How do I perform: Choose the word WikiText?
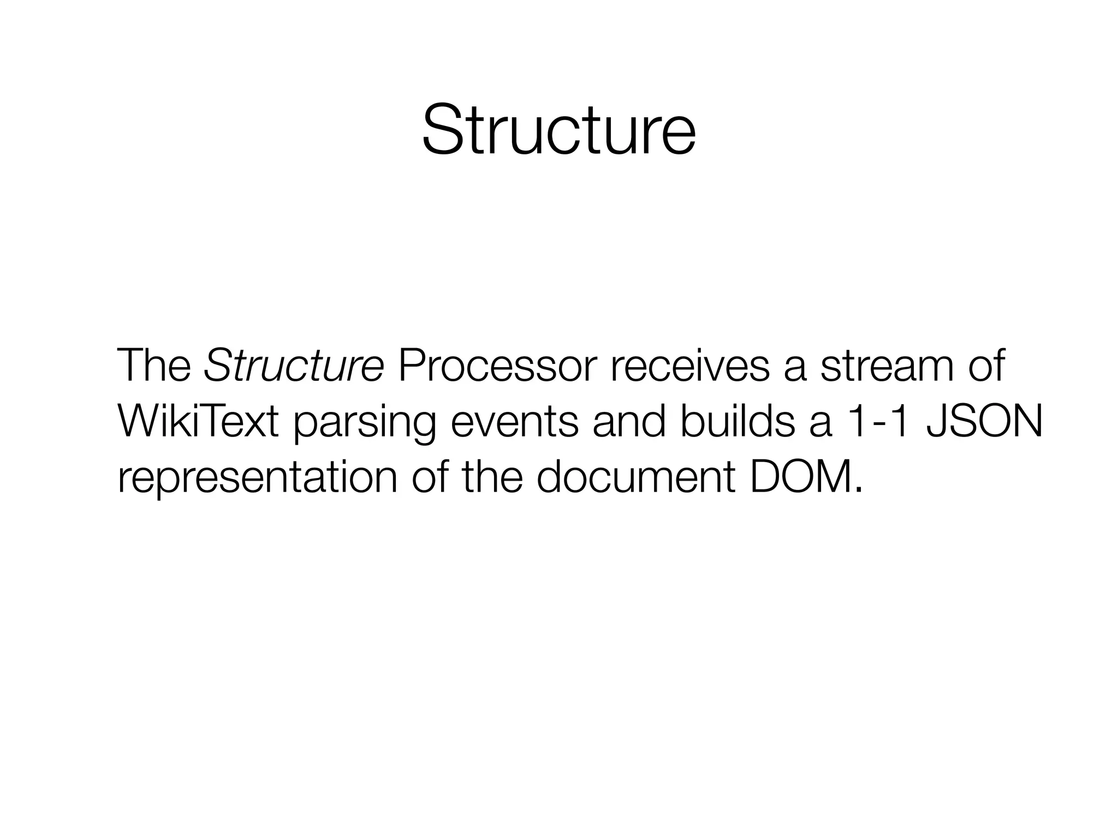(198, 421)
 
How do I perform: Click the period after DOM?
(859, 488)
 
